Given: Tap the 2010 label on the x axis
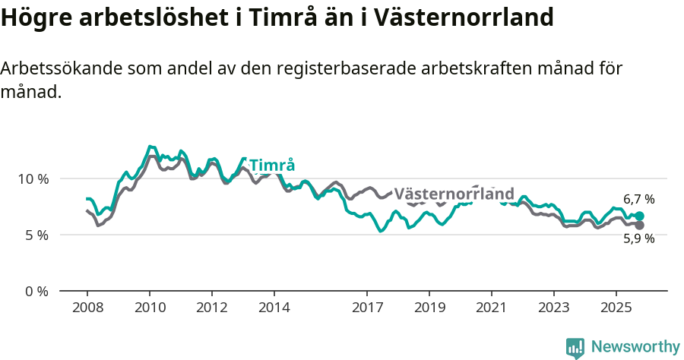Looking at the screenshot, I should pos(149,308).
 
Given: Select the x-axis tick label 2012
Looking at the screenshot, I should pos(211,308).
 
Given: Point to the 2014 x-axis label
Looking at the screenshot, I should pos(274,308).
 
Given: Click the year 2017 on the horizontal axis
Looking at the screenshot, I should pos(367,308).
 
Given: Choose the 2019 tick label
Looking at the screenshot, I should pos(429,308).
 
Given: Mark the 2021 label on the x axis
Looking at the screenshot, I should pos(492,308).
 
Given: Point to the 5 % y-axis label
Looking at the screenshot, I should pos(36,235).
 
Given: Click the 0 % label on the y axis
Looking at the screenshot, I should pos(36,292).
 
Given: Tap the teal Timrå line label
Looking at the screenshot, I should pos(272,166).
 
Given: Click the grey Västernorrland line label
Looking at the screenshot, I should pos(454,194).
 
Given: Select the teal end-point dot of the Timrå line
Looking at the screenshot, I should pos(639,216).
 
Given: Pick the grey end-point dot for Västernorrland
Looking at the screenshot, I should pos(639,226).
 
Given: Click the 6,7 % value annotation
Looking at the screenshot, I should pos(639,199).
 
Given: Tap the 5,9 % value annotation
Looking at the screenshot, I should pos(639,238).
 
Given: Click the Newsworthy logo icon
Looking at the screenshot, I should pos(575,348).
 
